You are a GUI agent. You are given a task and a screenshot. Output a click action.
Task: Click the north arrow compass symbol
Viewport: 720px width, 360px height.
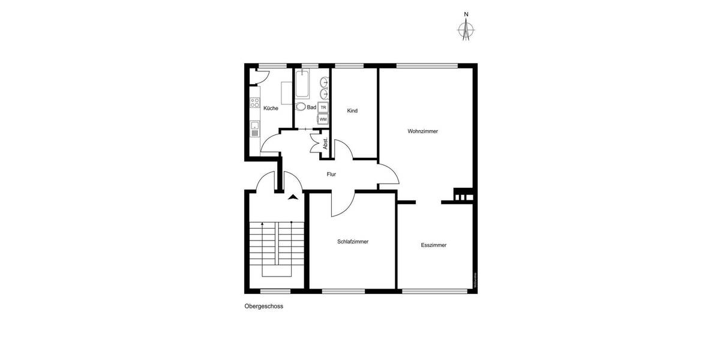click(x=466, y=28)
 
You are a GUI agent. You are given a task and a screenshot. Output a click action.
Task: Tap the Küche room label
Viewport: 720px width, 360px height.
click(x=271, y=109)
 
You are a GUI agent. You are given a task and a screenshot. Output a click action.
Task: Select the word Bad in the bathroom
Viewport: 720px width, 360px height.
click(x=311, y=107)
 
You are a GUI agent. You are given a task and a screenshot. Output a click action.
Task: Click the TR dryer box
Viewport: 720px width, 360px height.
click(x=323, y=107)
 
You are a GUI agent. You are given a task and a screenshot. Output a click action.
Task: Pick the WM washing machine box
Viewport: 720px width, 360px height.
click(x=323, y=119)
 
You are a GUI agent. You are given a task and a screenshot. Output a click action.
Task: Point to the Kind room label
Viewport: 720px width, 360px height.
click(x=353, y=111)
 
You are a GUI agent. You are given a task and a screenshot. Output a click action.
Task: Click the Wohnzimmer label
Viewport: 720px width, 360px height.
click(x=422, y=131)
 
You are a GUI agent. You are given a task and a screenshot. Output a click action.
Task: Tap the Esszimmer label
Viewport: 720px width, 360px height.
click(x=433, y=245)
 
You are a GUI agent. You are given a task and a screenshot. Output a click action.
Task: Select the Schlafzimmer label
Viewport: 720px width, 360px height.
click(x=353, y=242)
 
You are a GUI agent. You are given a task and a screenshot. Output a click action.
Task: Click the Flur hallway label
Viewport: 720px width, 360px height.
click(x=331, y=175)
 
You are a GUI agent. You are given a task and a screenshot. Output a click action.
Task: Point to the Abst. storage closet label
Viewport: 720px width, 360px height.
click(x=325, y=145)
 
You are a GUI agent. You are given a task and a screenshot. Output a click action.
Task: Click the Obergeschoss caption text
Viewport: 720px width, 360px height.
click(x=263, y=306)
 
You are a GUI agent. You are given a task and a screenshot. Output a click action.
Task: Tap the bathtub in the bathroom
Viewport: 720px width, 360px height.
click(x=302, y=84)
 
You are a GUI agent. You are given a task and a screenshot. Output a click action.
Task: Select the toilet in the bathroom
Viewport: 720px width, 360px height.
click(x=301, y=107)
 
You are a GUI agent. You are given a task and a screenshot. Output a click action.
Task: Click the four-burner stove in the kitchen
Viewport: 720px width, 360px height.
click(x=254, y=103)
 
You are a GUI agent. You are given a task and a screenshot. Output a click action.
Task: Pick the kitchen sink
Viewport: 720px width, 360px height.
click(x=254, y=126)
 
